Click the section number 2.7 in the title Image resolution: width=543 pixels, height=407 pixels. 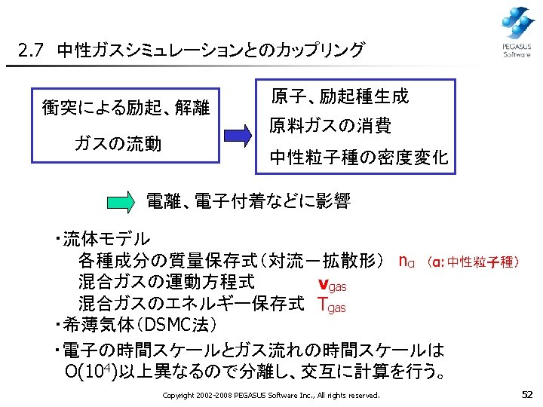click(x=32, y=52)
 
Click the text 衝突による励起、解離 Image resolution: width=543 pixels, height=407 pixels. click(x=125, y=106)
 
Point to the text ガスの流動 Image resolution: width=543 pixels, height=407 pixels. click(x=118, y=143)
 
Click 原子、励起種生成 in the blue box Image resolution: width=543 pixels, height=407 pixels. click(x=339, y=96)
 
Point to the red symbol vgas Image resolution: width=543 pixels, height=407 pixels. click(x=333, y=284)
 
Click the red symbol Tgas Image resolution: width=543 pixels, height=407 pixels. click(x=332, y=305)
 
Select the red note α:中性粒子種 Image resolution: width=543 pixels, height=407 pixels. click(x=472, y=262)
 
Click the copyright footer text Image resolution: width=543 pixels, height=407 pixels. click(x=271, y=395)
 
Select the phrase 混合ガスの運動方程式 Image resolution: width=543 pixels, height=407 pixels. click(x=166, y=283)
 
